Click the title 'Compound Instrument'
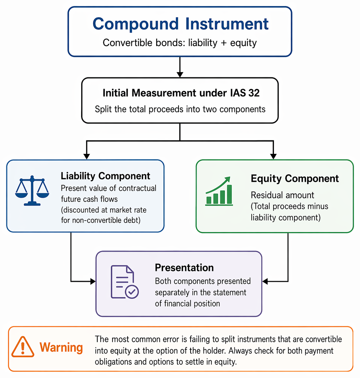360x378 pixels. click(180, 24)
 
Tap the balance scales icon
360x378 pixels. click(32, 191)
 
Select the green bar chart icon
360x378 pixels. click(219, 191)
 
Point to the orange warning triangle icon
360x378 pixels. click(23, 347)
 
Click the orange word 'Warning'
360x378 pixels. click(61, 347)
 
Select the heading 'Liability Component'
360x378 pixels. click(105, 176)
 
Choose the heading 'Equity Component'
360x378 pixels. click(295, 179)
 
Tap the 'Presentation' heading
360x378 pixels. click(184, 267)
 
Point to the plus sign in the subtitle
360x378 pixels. click(223, 43)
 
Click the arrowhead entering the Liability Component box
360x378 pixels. click(86, 157)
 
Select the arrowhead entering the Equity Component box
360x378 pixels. click(273, 157)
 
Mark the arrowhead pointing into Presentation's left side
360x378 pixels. click(93, 281)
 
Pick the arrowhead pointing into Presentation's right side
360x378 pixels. click(265, 281)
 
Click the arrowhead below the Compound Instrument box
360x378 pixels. click(180, 74)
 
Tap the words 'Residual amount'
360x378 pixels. click(282, 195)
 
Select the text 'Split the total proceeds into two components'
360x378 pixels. click(180, 109)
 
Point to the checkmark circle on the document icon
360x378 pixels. click(132, 292)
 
